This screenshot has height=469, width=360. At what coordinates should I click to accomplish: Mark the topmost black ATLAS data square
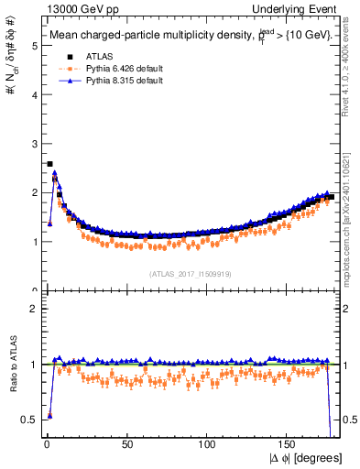pyautogui.click(x=49, y=164)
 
